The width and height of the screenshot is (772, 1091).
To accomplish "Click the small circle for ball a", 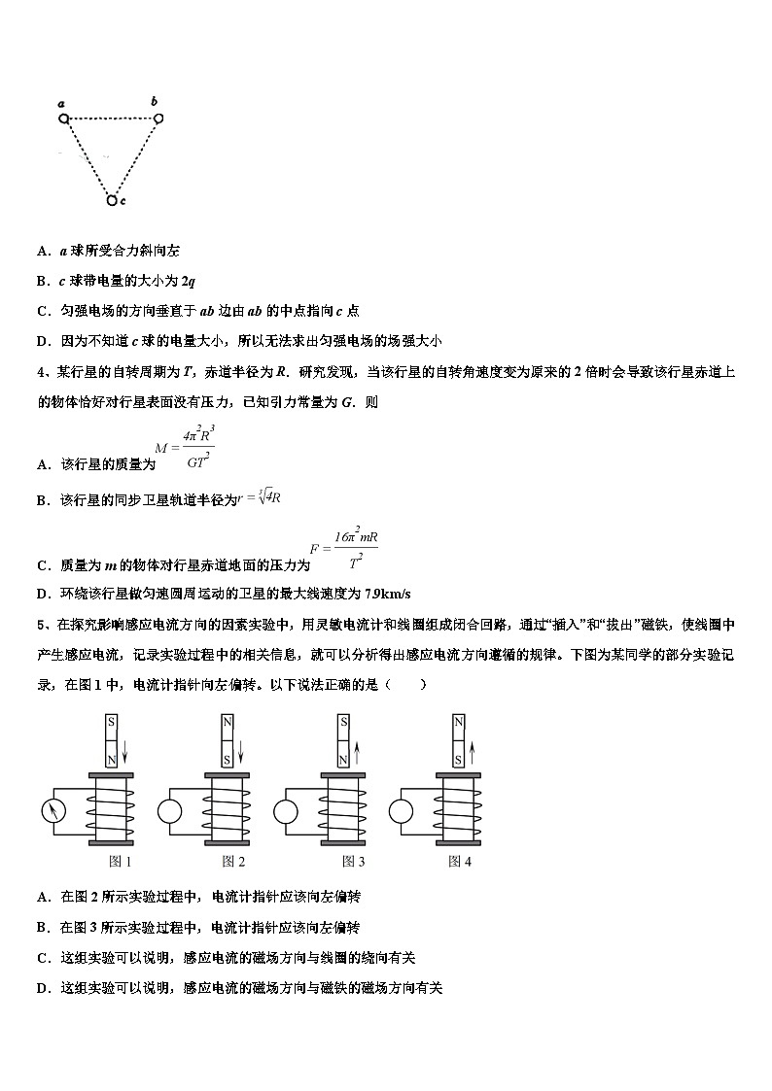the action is coord(64,119).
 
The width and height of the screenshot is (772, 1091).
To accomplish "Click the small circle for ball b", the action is coord(158,118).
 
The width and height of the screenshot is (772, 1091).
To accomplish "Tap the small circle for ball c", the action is coord(112,200).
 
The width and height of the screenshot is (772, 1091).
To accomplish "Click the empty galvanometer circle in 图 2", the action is coord(171,810).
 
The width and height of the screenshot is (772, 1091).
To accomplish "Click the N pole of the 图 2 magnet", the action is coord(228,724).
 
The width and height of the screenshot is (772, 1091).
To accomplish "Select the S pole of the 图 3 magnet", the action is coord(343,724).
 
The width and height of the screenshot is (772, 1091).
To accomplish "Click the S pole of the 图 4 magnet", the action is coord(459,754).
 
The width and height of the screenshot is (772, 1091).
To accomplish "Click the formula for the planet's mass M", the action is coord(184,448).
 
